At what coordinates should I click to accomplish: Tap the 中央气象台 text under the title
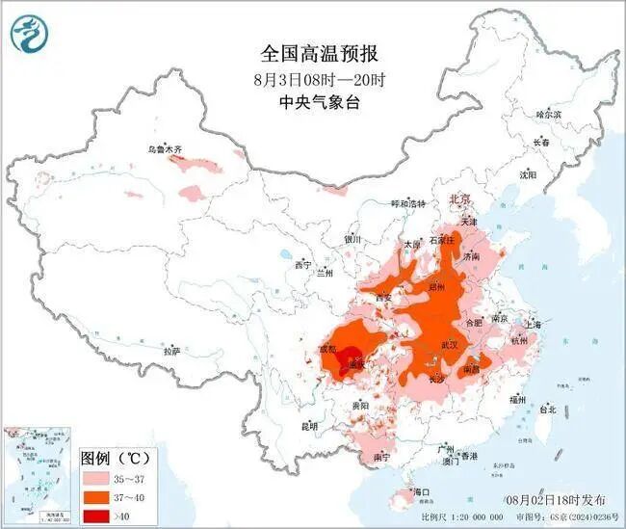tap(312, 103)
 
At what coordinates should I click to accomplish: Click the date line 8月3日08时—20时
tap(312, 79)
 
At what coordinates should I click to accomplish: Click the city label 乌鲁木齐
tap(165, 149)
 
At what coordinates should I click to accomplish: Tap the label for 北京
tap(463, 198)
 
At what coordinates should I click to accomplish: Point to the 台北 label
tap(546, 409)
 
